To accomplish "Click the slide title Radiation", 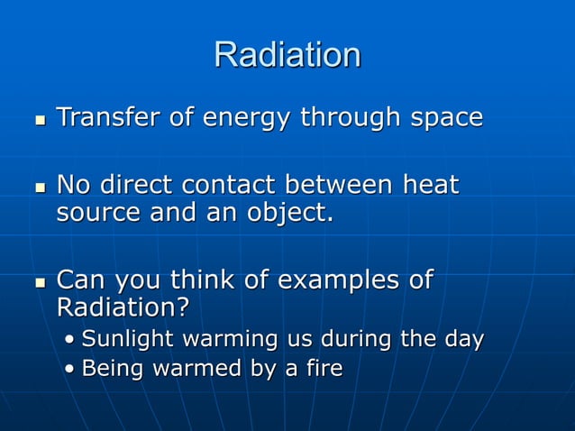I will [x=287, y=55].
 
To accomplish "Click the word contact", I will [x=231, y=186].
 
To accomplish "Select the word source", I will [x=92, y=214].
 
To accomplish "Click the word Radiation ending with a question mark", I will [x=123, y=308].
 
